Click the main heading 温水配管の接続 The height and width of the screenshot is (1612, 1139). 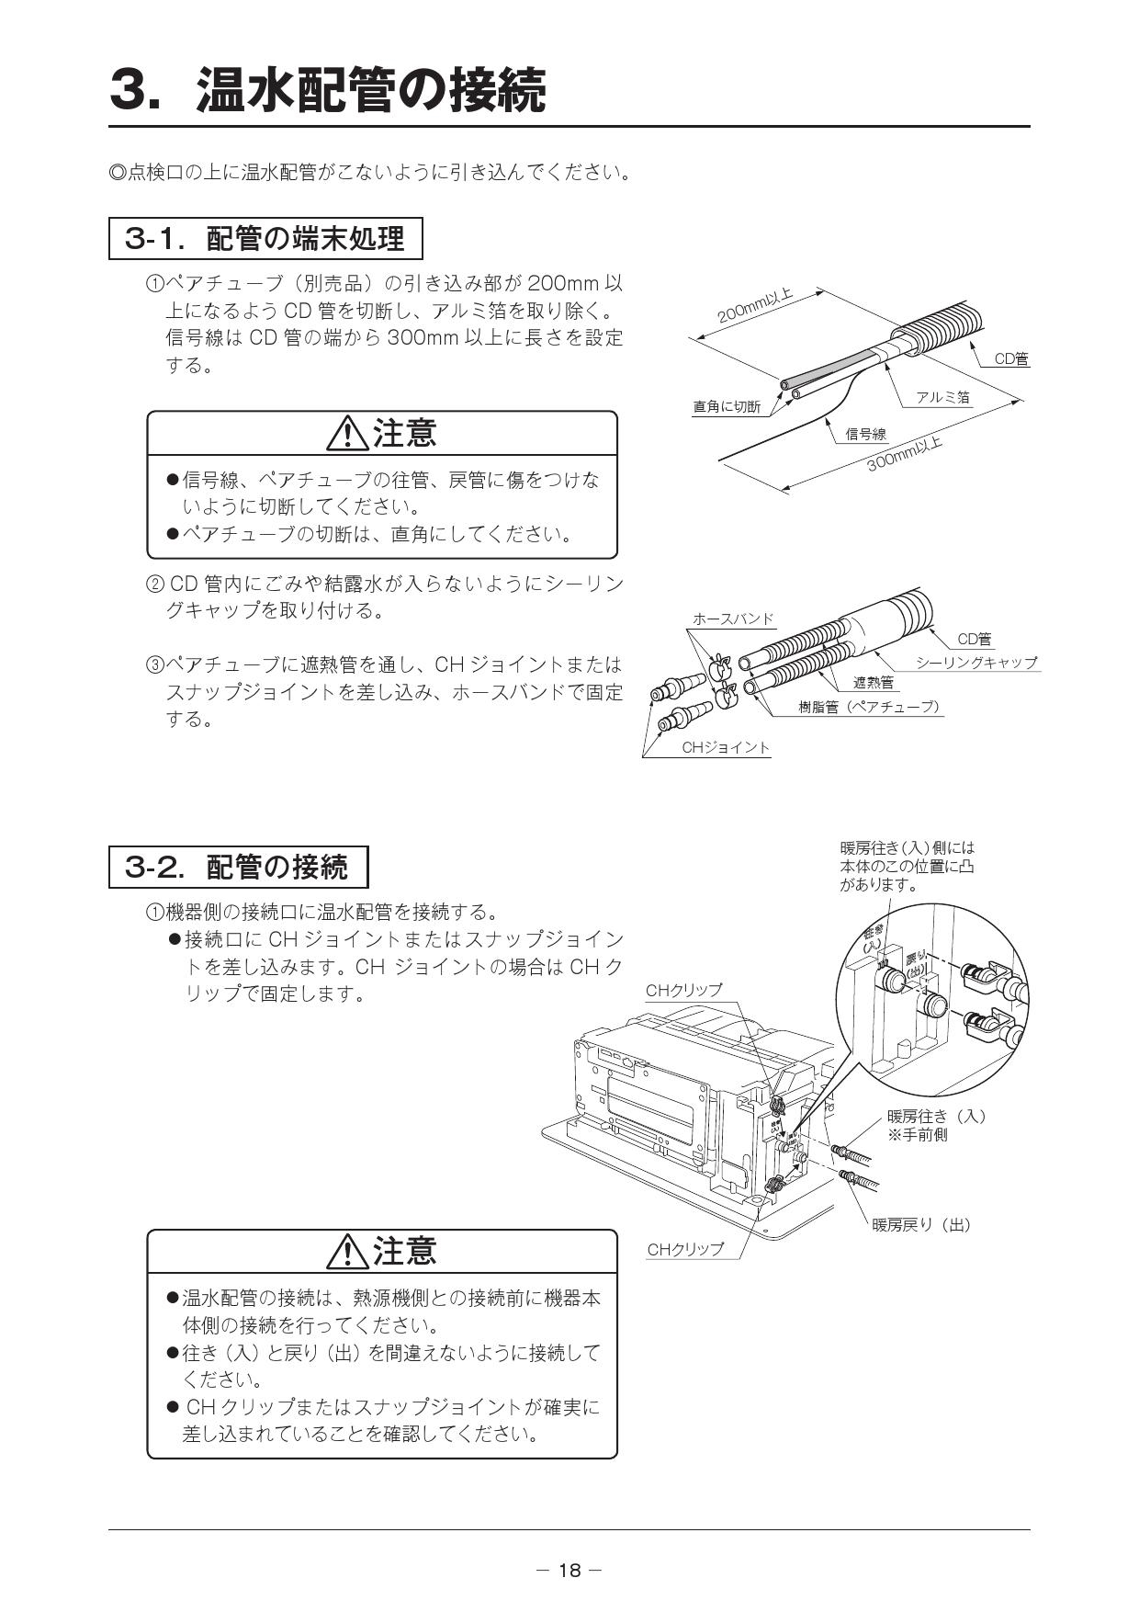[x=371, y=90]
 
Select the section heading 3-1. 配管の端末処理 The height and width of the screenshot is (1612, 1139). [x=265, y=239]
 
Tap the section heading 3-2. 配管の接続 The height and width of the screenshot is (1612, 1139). [x=238, y=867]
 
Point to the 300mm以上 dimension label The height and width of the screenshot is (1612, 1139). [x=906, y=454]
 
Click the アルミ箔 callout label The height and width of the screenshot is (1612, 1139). [x=942, y=397]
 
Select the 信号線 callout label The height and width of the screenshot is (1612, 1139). [x=865, y=434]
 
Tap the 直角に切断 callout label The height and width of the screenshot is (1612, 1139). [x=727, y=406]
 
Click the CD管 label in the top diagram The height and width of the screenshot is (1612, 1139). [x=1011, y=359]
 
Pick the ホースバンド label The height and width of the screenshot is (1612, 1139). [x=733, y=619]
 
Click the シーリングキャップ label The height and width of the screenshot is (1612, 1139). [x=976, y=663]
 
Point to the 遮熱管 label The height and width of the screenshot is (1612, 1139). [x=873, y=683]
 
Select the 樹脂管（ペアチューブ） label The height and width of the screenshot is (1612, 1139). [x=869, y=707]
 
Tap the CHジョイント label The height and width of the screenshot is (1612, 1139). [x=726, y=747]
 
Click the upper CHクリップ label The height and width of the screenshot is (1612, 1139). [x=683, y=990]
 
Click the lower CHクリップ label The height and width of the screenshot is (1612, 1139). [x=685, y=1249]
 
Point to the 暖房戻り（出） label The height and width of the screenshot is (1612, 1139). [x=921, y=1224]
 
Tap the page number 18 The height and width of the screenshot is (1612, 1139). [x=569, y=1571]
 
